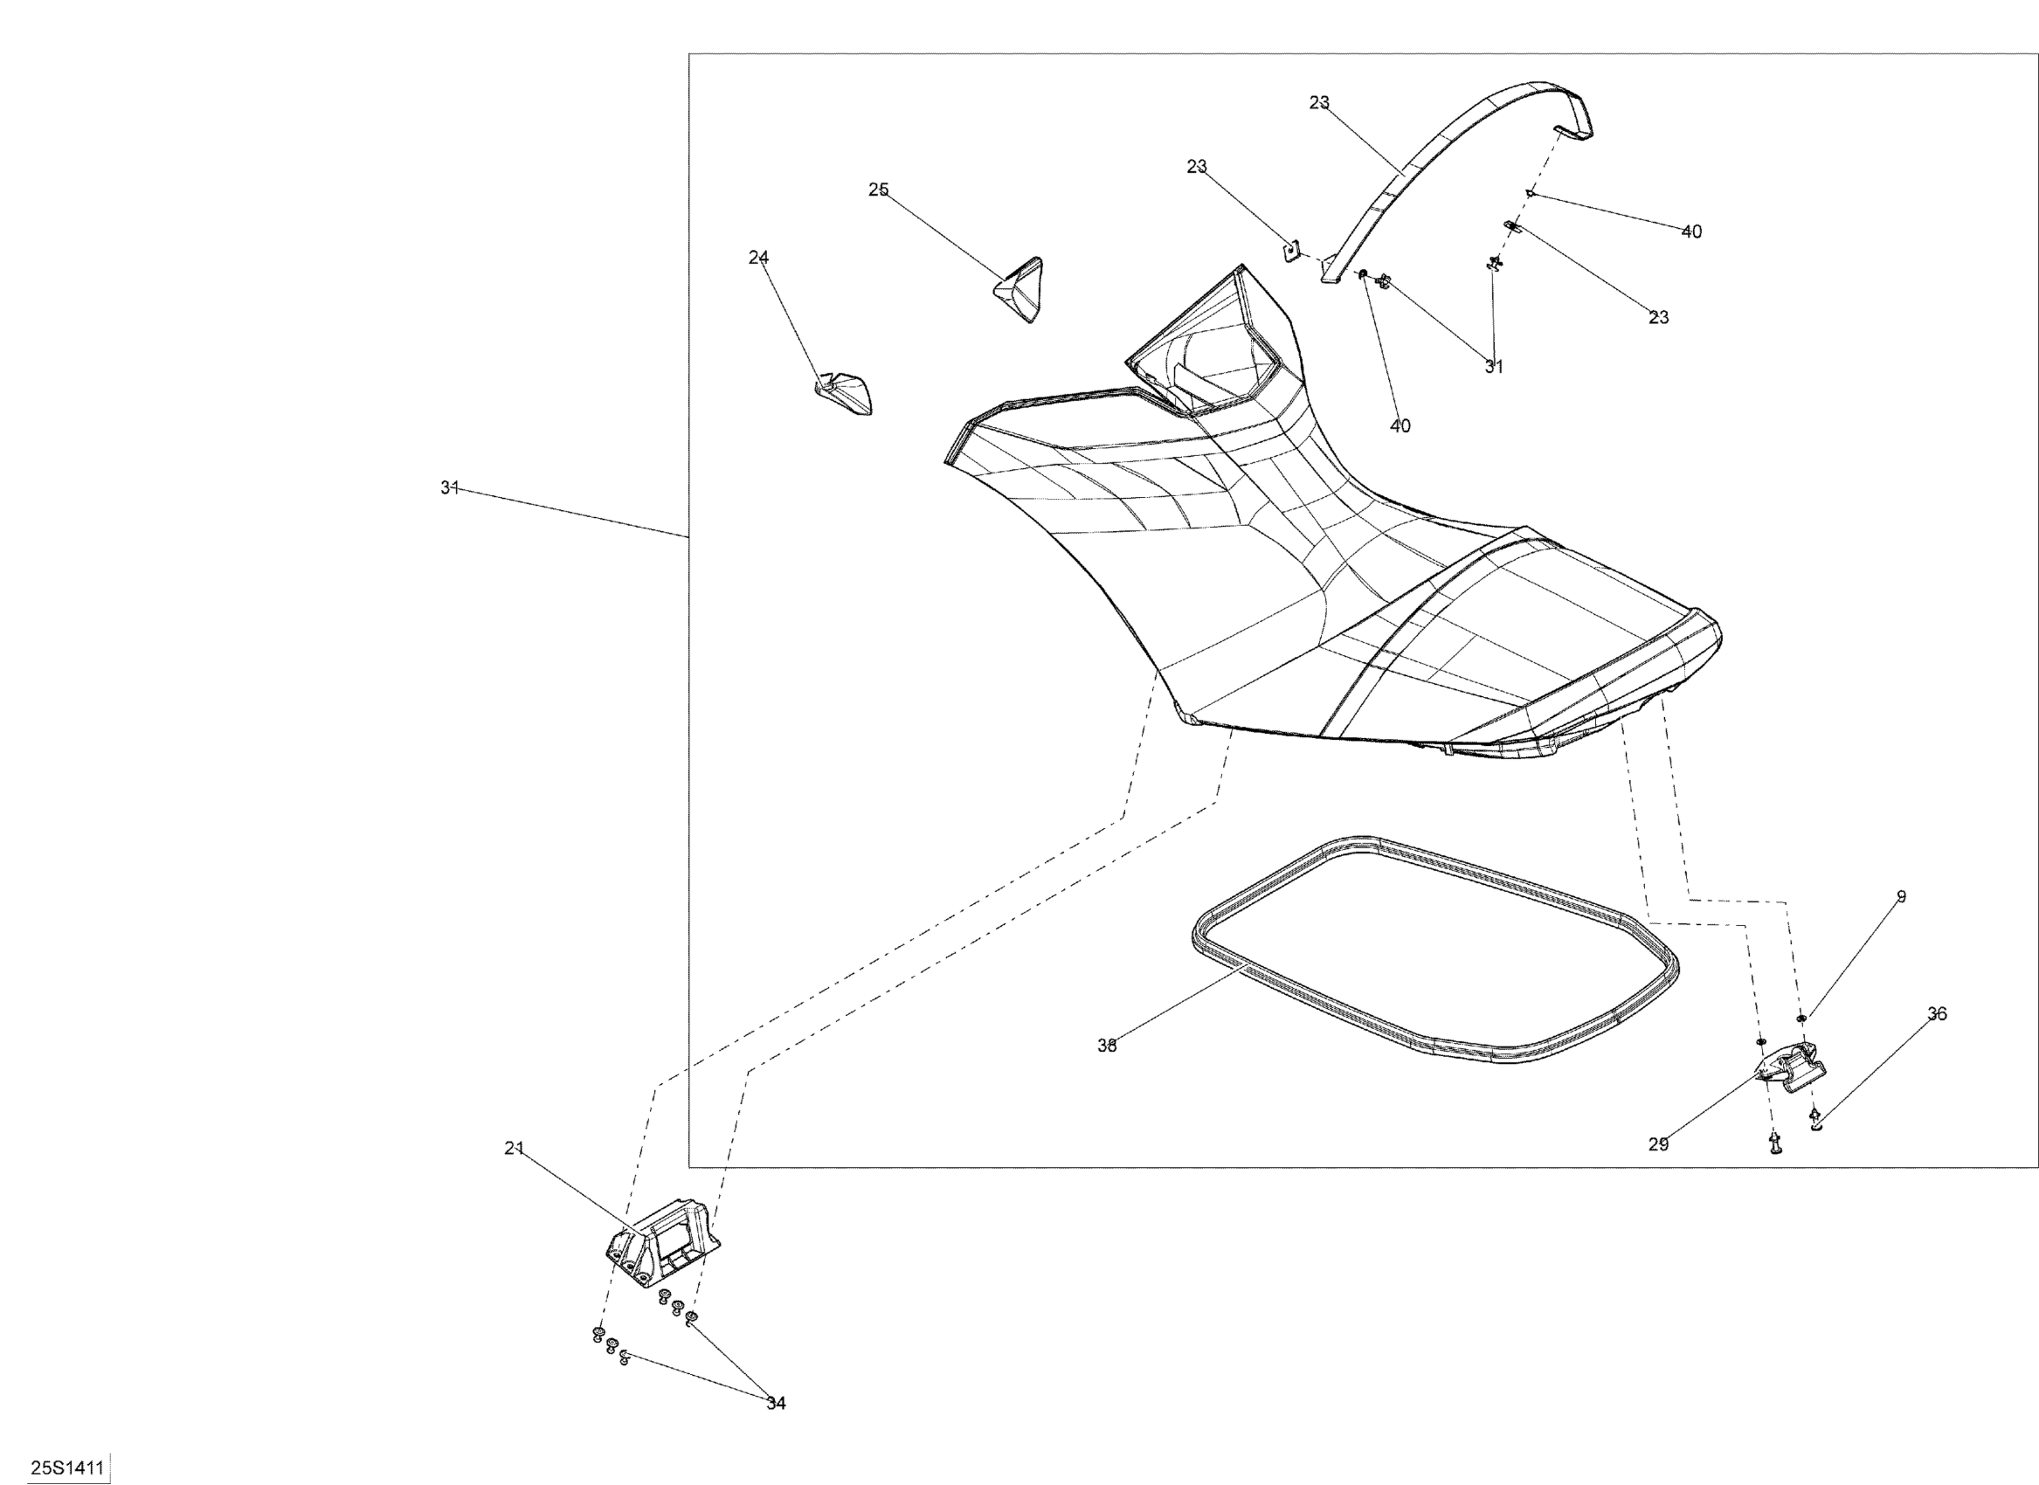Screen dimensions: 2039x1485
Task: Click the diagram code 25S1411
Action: [67, 1468]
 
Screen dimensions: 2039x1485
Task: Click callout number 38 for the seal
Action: [1107, 1046]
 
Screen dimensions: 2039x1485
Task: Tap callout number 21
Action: [514, 1148]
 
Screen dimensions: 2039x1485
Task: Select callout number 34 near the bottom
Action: [776, 1403]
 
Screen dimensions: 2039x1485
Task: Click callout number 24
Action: [758, 257]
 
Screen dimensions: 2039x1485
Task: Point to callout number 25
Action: [878, 190]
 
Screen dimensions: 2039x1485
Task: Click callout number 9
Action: [1902, 896]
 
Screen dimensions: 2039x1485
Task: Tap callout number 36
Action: [1937, 1014]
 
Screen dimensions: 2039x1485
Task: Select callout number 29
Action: [1659, 1144]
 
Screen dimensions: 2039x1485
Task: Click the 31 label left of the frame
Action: [450, 487]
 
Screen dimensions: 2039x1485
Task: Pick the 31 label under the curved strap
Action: [1493, 367]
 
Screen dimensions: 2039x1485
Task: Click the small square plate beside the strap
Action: [1292, 249]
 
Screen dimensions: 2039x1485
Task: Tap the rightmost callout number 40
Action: [1691, 231]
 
